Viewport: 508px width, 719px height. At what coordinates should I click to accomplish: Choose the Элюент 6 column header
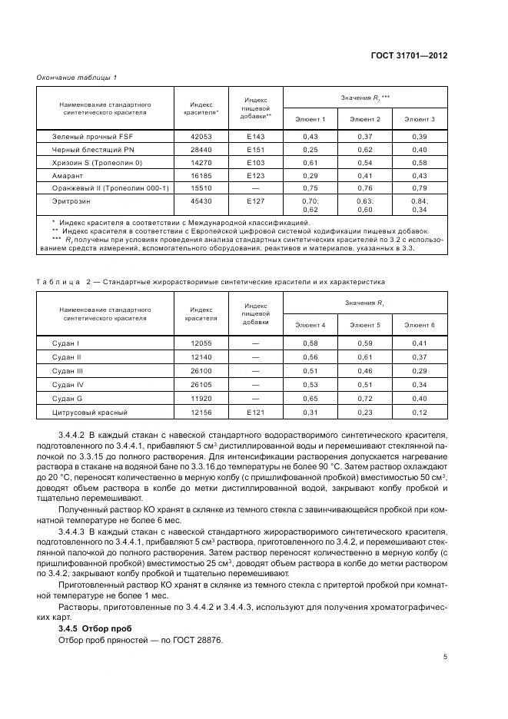point(420,326)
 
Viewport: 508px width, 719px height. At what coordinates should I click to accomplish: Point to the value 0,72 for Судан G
point(365,398)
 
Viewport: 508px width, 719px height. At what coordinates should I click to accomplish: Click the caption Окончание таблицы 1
point(76,77)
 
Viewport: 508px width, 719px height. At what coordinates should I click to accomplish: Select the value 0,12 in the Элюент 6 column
point(420,413)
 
